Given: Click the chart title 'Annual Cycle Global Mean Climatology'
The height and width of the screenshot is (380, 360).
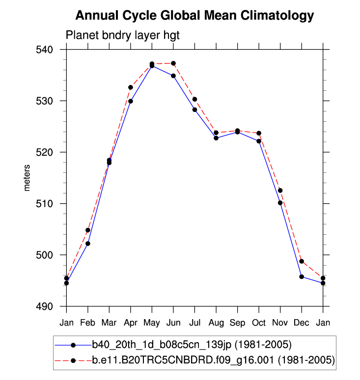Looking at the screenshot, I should (194, 16).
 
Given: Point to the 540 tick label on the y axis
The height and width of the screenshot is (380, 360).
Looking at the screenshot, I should (49, 50).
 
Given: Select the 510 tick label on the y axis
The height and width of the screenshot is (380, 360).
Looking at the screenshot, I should (49, 204).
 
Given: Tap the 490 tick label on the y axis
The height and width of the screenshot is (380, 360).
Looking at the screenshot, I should (49, 306).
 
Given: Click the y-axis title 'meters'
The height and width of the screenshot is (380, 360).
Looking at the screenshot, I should (28, 178).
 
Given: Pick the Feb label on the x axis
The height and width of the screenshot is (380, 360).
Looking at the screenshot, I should (87, 323).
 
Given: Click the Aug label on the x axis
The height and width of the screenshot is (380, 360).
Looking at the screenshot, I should (216, 323).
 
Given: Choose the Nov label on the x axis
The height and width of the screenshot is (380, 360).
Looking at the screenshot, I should (280, 323).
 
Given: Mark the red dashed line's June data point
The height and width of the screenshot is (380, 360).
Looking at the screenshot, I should (173, 63).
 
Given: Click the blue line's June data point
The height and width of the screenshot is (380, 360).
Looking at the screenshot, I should (173, 76).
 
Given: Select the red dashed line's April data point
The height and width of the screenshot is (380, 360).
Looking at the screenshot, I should (131, 87).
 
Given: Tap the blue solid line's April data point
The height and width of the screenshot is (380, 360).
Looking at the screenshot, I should (131, 101).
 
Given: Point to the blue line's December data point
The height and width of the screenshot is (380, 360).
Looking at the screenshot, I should (302, 277).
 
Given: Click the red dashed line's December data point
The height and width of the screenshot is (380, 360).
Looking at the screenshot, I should (302, 261).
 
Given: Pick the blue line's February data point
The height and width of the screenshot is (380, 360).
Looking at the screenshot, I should (88, 244).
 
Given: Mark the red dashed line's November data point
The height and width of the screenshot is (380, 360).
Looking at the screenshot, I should (280, 190).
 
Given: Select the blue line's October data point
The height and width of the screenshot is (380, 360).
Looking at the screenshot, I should (259, 141).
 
